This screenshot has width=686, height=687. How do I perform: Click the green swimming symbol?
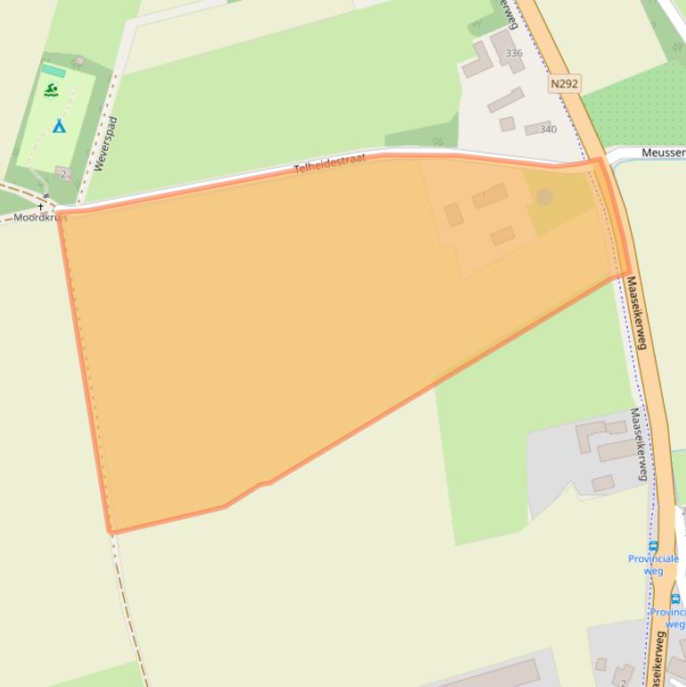tap(52, 90)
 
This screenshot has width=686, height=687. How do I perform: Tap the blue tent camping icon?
tap(59, 126)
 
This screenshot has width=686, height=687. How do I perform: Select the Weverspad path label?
tap(105, 144)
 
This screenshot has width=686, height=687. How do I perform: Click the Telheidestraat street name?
tap(330, 163)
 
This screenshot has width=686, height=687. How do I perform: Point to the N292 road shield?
tap(564, 83)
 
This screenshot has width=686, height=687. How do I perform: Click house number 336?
tap(514, 54)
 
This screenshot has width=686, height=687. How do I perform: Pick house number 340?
tap(548, 129)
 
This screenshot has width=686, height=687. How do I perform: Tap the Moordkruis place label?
tap(40, 217)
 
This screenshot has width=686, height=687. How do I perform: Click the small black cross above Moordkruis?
tap(40, 207)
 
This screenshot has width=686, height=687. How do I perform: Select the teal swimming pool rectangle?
tap(54, 70)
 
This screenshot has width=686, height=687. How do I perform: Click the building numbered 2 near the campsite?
tap(62, 173)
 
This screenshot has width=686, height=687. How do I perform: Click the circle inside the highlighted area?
tap(544, 196)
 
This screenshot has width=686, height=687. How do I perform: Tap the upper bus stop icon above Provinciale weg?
tap(653, 546)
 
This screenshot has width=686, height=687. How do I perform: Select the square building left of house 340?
tap(507, 124)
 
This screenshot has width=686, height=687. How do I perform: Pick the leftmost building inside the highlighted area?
tap(453, 214)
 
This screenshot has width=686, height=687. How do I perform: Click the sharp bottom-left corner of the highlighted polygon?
tap(111, 533)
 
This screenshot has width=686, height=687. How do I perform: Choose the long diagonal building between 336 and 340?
tap(505, 100)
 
